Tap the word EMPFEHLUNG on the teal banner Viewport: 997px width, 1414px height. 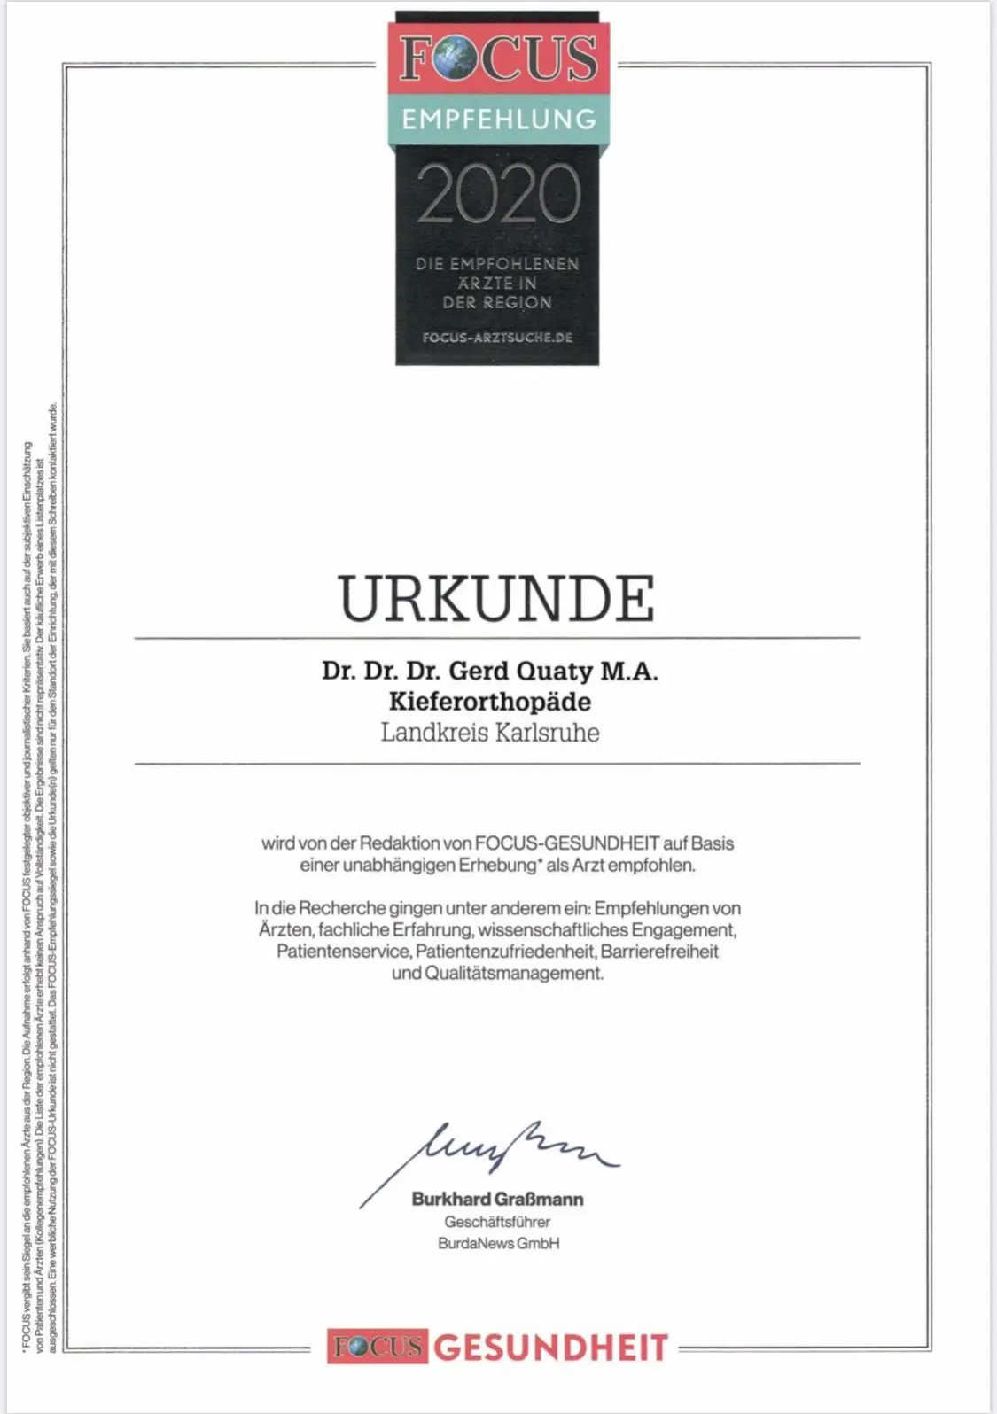[499, 120]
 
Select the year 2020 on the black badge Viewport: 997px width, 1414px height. [499, 193]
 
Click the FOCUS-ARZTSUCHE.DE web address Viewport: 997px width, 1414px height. [497, 338]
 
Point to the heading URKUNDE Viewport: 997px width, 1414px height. [496, 600]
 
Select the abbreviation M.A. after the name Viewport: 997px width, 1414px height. [629, 671]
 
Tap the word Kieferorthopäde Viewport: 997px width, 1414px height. [490, 702]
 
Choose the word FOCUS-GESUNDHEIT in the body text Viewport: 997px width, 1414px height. [566, 843]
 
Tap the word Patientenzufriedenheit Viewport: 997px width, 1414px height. [505, 952]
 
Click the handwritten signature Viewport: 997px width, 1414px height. [496, 1152]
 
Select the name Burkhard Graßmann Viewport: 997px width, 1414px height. [497, 1199]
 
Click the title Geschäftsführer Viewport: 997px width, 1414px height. [497, 1222]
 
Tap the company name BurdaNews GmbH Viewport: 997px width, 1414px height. [498, 1243]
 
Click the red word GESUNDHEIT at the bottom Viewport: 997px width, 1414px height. [550, 1348]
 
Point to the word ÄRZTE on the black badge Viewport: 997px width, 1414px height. [480, 284]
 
